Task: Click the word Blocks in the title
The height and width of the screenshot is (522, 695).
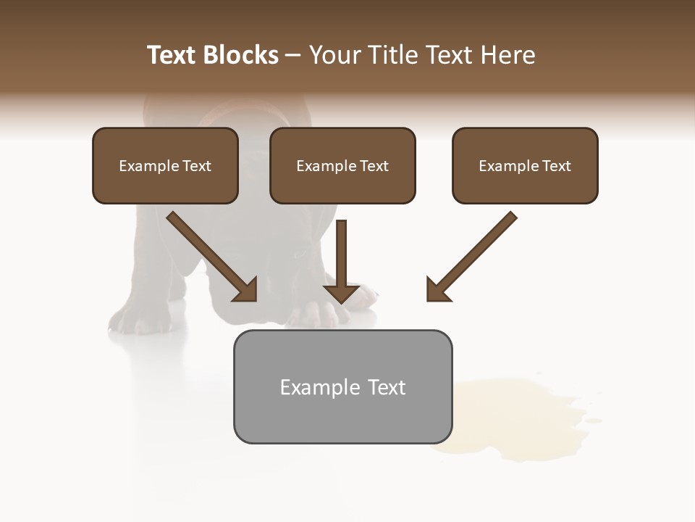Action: tap(241, 55)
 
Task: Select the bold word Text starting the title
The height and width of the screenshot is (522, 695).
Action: tap(172, 55)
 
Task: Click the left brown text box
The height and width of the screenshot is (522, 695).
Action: tap(165, 165)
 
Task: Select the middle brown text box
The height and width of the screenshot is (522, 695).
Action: tap(342, 165)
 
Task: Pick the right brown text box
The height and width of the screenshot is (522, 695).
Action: tap(525, 165)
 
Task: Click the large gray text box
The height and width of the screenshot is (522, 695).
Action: tap(342, 386)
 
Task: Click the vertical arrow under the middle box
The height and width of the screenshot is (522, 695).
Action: tap(341, 261)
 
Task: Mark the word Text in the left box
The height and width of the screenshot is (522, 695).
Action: tap(196, 166)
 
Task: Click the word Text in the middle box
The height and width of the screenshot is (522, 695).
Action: tap(374, 166)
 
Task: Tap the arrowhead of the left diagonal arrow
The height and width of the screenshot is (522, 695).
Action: tap(246, 290)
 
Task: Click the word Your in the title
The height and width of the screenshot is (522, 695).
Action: tap(334, 55)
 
